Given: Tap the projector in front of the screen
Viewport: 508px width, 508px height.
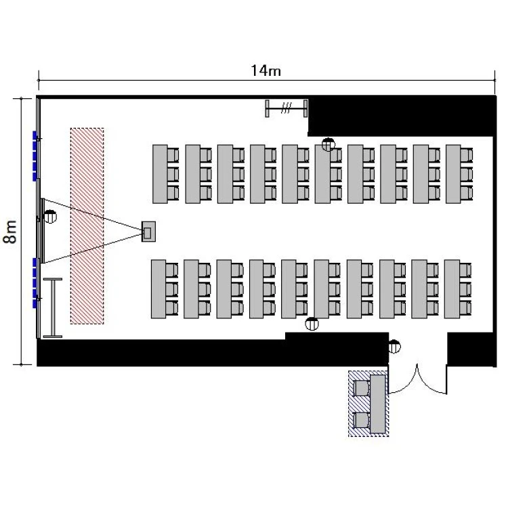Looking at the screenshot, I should [x=148, y=232].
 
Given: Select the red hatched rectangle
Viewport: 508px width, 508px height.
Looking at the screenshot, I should [x=87, y=225].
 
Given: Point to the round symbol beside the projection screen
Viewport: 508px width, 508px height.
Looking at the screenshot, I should [x=49, y=217].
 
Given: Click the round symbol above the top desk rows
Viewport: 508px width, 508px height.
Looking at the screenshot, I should [x=329, y=144].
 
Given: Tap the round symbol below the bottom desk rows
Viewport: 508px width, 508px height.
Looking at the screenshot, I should [x=312, y=324].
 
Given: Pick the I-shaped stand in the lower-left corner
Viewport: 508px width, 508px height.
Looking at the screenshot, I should [x=52, y=308].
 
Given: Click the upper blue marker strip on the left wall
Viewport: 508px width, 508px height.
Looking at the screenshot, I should [x=34, y=156].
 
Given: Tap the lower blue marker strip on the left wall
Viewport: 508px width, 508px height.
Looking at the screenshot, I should [x=34, y=282].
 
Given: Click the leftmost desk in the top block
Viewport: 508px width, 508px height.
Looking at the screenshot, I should [x=160, y=173].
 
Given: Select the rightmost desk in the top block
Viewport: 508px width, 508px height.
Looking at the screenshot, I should [x=453, y=173].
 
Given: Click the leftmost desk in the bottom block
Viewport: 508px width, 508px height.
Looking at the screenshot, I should [x=158, y=289].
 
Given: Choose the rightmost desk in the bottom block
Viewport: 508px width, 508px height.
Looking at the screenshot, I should [x=451, y=289].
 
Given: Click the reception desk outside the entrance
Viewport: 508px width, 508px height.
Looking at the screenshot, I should [x=378, y=404].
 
